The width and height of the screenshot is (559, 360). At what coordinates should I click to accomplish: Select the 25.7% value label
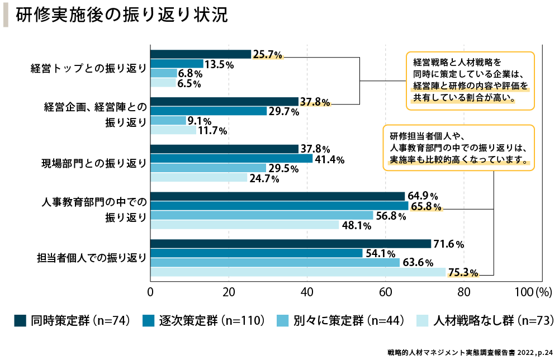pos(268,54)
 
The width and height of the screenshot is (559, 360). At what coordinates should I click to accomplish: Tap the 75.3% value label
pos(463,273)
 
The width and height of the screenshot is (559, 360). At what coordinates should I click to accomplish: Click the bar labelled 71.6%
pos(291,244)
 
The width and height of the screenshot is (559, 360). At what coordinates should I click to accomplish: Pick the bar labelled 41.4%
pos(231,159)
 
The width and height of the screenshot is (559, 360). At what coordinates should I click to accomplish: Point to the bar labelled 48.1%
pos(245,225)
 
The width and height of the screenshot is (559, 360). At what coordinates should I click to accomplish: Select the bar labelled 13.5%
pos(177,64)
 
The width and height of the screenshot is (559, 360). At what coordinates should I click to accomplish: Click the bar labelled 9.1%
pos(168,121)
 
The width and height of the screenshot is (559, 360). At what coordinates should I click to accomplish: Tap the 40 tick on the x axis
pos(307,292)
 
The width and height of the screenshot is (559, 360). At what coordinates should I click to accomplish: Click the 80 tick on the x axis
pos(463,292)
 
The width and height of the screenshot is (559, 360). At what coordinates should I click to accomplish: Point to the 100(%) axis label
pos(533,292)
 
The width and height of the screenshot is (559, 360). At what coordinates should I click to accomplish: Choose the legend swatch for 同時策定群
pos(21,320)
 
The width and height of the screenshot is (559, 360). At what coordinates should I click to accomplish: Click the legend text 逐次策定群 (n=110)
pos(199,320)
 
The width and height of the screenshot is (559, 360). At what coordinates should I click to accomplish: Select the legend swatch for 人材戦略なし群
pos(423,320)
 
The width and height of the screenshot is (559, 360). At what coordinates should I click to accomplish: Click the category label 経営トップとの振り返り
pos(88,69)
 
